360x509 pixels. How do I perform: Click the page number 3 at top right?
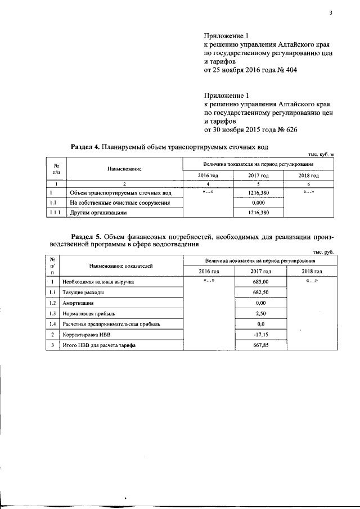pyautogui.click(x=331, y=13)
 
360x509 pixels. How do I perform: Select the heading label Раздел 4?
pyautogui.click(x=85, y=147)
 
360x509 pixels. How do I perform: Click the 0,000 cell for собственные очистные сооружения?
pyautogui.click(x=258, y=202)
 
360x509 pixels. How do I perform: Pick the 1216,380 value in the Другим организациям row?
pyautogui.click(x=258, y=213)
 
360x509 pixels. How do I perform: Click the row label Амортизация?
pyautogui.click(x=78, y=303)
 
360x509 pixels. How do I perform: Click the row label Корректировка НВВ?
pyautogui.click(x=84, y=335)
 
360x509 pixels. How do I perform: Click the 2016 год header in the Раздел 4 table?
pyautogui.click(x=208, y=175)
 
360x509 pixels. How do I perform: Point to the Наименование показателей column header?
pyautogui.click(x=121, y=265)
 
